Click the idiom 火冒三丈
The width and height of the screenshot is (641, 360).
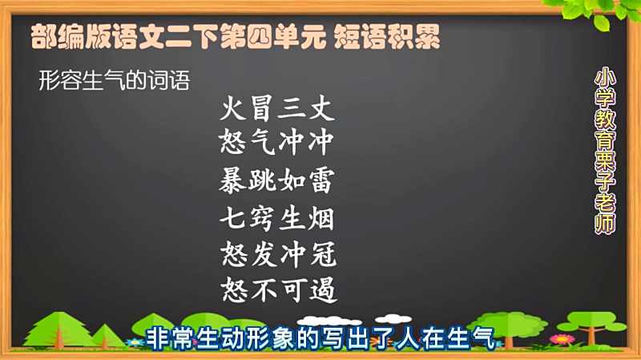click(277, 108)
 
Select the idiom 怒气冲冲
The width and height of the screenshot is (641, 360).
click(276, 143)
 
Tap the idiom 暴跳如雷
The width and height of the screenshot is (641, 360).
click(276, 180)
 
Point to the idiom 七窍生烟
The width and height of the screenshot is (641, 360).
click(276, 218)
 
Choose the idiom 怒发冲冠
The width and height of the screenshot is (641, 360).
click(278, 254)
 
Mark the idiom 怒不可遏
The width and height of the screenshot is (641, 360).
click(279, 289)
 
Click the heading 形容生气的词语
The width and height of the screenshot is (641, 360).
click(114, 79)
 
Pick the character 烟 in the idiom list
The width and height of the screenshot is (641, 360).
click(321, 218)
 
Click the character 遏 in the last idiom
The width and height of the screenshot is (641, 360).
click(324, 289)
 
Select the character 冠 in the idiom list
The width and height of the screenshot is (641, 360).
click(323, 254)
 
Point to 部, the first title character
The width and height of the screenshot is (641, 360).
click(44, 36)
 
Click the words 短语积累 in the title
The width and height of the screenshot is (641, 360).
click(387, 36)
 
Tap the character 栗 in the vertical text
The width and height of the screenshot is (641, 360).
click(605, 165)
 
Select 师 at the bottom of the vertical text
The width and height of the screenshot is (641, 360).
click(605, 224)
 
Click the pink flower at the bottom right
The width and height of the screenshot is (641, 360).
click(562, 339)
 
